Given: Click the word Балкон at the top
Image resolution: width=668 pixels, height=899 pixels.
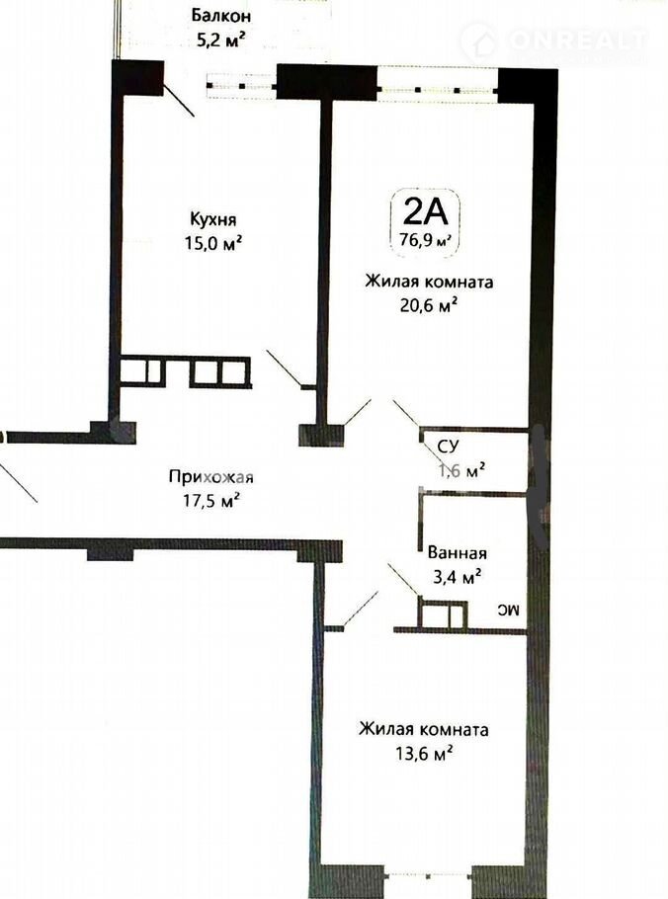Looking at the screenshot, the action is click(221, 15).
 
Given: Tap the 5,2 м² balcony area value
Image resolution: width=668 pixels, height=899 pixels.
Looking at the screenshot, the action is click(221, 41).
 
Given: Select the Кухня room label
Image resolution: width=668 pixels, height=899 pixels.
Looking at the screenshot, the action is click(212, 219).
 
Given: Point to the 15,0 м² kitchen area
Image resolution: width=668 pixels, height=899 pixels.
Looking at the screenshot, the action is click(212, 244).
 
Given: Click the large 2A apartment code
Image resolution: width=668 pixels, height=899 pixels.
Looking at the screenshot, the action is click(425, 212).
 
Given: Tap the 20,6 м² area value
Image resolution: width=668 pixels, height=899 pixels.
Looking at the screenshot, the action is click(429, 306).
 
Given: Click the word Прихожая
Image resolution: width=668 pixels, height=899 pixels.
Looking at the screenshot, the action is click(211, 477).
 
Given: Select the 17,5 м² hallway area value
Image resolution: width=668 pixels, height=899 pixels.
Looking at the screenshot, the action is click(211, 501).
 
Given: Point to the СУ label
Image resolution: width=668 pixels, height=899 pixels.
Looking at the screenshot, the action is click(449, 447).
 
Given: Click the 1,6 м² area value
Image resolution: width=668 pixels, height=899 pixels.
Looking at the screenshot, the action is click(462, 470).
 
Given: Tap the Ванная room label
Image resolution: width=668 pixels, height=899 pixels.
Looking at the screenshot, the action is click(458, 553).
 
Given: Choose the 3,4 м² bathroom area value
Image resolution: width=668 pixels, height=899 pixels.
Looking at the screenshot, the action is click(457, 576).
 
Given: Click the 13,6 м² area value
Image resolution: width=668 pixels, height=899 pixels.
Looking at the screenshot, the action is click(424, 753).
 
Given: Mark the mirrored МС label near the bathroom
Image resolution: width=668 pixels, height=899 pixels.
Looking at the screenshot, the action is click(508, 612).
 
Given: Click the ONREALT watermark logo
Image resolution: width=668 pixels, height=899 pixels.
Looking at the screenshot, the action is click(553, 41).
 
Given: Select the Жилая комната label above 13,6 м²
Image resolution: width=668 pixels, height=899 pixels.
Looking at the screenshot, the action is click(424, 729).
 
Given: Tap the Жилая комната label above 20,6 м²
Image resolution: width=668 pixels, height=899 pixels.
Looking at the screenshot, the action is click(430, 283).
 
